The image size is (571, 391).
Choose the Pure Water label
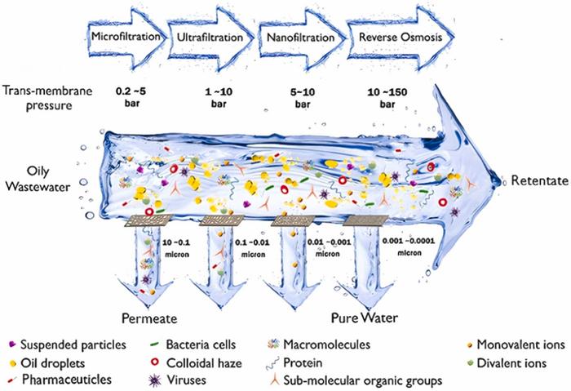point(362,313)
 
